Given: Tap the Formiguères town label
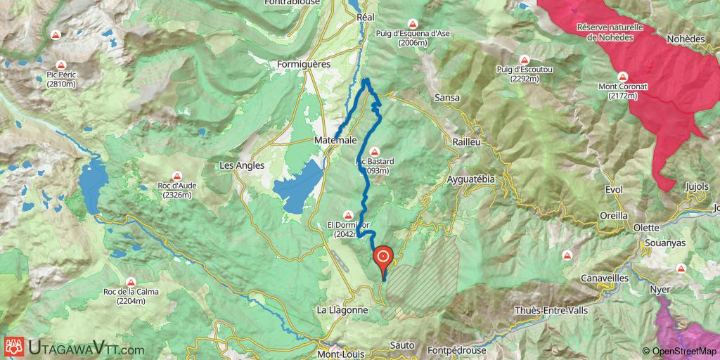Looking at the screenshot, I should point(304,64).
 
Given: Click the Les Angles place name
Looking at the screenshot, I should point(242,166).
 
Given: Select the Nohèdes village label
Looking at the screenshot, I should point(686,39).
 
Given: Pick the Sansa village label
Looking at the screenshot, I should point(447,98).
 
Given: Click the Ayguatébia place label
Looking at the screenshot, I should point(471,179).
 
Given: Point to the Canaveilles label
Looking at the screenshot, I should point(605,278).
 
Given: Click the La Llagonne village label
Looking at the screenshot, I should point(342,309).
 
